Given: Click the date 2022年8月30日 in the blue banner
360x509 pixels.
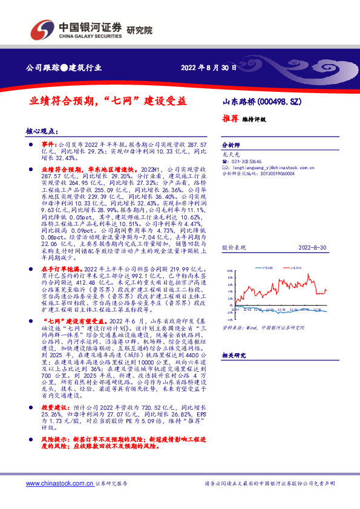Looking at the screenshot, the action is coord(209,68).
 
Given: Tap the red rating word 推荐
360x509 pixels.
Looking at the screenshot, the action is coord(230,119).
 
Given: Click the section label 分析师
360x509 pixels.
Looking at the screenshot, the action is coord(231,146).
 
